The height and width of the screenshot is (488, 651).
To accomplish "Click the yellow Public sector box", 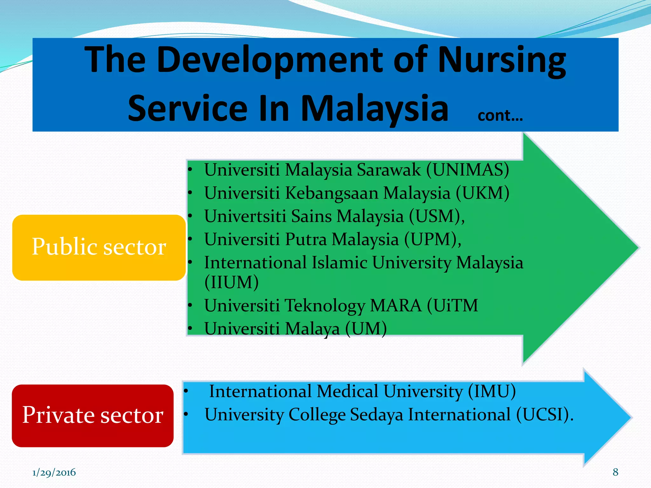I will tap(99, 247).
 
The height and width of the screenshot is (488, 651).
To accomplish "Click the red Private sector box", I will tap(93, 416).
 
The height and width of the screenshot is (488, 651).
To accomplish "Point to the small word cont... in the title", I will tap(500, 116).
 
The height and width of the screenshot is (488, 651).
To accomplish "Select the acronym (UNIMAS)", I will tap(467, 170).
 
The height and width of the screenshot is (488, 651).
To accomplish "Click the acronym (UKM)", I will tap(482, 193).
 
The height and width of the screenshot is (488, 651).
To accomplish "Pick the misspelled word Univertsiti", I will tap(245, 216).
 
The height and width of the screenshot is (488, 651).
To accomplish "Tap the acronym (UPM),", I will tap(432, 239).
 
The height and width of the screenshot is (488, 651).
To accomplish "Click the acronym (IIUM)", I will tap(231, 282).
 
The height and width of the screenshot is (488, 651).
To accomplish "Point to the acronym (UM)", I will tap(366, 329).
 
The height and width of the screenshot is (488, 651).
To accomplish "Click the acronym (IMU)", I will tap(491, 391).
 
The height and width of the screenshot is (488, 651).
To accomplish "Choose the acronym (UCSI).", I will tap(545, 415).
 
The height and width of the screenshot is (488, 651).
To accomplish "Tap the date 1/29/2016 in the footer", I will tap(54, 472).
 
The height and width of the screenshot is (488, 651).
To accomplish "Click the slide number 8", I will tap(615, 472).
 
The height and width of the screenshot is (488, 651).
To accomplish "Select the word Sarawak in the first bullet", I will tap(388, 170).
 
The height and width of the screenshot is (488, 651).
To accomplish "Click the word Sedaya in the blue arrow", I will tap(376, 415).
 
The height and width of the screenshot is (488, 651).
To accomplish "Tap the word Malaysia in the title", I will tap(374, 109).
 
